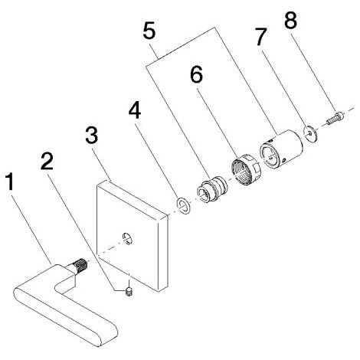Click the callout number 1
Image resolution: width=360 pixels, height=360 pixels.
point(10,182)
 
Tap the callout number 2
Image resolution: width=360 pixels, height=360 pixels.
point(47,161)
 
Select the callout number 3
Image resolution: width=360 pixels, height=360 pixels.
point(91,136)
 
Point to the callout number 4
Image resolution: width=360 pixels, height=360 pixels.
point(135,110)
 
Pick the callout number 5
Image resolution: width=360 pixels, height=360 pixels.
point(149,31)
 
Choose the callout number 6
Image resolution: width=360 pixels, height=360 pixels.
point(196,74)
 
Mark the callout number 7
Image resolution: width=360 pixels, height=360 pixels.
point(261,37)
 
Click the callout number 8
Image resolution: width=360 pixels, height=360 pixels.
point(291,20)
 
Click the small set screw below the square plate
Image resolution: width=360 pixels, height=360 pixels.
point(129,291)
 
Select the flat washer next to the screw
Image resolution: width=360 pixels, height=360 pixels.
point(310,133)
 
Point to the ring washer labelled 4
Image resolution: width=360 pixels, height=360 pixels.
point(183,205)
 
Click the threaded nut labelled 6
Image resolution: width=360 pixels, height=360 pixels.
point(246,169)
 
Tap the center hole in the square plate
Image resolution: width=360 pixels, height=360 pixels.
point(127,238)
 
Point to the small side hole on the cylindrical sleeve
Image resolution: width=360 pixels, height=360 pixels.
point(284,160)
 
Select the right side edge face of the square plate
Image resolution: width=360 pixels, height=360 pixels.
point(163,253)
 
